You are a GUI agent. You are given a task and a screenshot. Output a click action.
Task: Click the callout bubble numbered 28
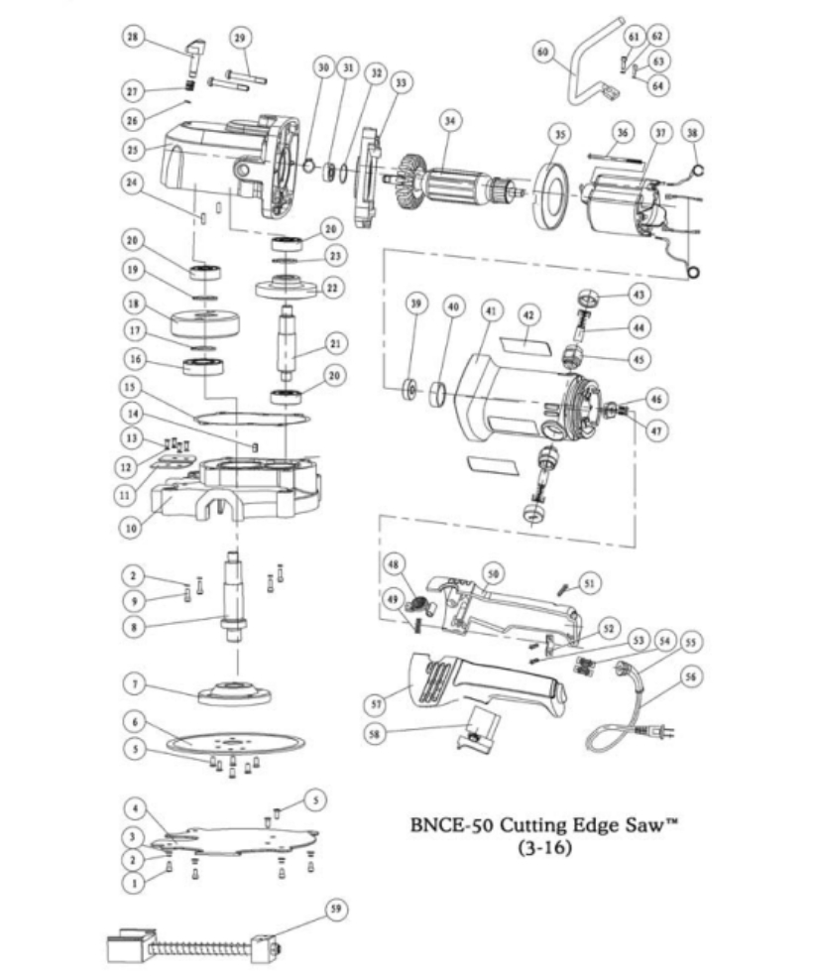tap(132, 37)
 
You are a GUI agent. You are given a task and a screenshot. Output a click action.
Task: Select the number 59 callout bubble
tap(339, 909)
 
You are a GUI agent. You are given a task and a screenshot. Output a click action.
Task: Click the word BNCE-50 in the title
tap(451, 825)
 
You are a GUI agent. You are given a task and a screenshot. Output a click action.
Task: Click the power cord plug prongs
tap(666, 734)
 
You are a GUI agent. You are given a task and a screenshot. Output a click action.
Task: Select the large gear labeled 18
tap(206, 324)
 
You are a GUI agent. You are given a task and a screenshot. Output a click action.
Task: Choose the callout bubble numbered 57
tap(373, 703)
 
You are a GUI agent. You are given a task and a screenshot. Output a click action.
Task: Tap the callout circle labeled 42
tap(530, 314)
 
